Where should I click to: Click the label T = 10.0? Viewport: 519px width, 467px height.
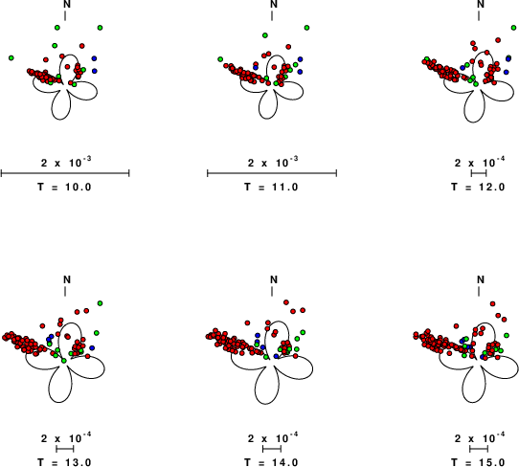pyautogui.click(x=64, y=187)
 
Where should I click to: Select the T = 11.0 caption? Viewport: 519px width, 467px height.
pyautogui.click(x=271, y=187)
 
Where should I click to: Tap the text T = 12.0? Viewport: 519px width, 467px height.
pyautogui.click(x=478, y=187)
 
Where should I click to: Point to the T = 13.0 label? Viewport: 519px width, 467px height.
pyautogui.click(x=64, y=462)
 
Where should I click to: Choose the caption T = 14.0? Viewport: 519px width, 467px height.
pyautogui.click(x=271, y=462)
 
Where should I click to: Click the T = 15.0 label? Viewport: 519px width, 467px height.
pyautogui.click(x=478, y=462)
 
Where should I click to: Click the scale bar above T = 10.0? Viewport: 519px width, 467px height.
pyautogui.click(x=65, y=173)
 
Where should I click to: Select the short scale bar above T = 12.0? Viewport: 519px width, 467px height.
pyautogui.click(x=479, y=173)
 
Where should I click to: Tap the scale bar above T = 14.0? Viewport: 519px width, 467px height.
pyautogui.click(x=272, y=449)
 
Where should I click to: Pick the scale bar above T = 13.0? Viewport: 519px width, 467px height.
pyautogui.click(x=65, y=449)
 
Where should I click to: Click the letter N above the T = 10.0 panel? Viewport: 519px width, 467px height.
pyautogui.click(x=67, y=4)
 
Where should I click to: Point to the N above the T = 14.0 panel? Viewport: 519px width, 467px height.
pyautogui.click(x=274, y=279)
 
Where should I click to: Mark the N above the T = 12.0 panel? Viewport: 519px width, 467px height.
pyautogui.click(x=481, y=4)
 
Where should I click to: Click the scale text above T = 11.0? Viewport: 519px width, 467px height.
pyautogui.click(x=273, y=162)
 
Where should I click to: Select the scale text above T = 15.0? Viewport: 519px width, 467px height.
pyautogui.click(x=480, y=438)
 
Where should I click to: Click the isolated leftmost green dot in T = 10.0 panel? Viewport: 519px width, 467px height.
pyautogui.click(x=11, y=57)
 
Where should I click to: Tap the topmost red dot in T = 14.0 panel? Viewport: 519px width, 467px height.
pyautogui.click(x=286, y=302)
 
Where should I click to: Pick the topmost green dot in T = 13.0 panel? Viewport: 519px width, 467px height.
pyautogui.click(x=100, y=303)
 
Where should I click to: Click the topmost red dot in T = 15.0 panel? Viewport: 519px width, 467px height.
pyautogui.click(x=492, y=303)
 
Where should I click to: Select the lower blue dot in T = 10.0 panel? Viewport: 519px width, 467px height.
pyautogui.click(x=95, y=71)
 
